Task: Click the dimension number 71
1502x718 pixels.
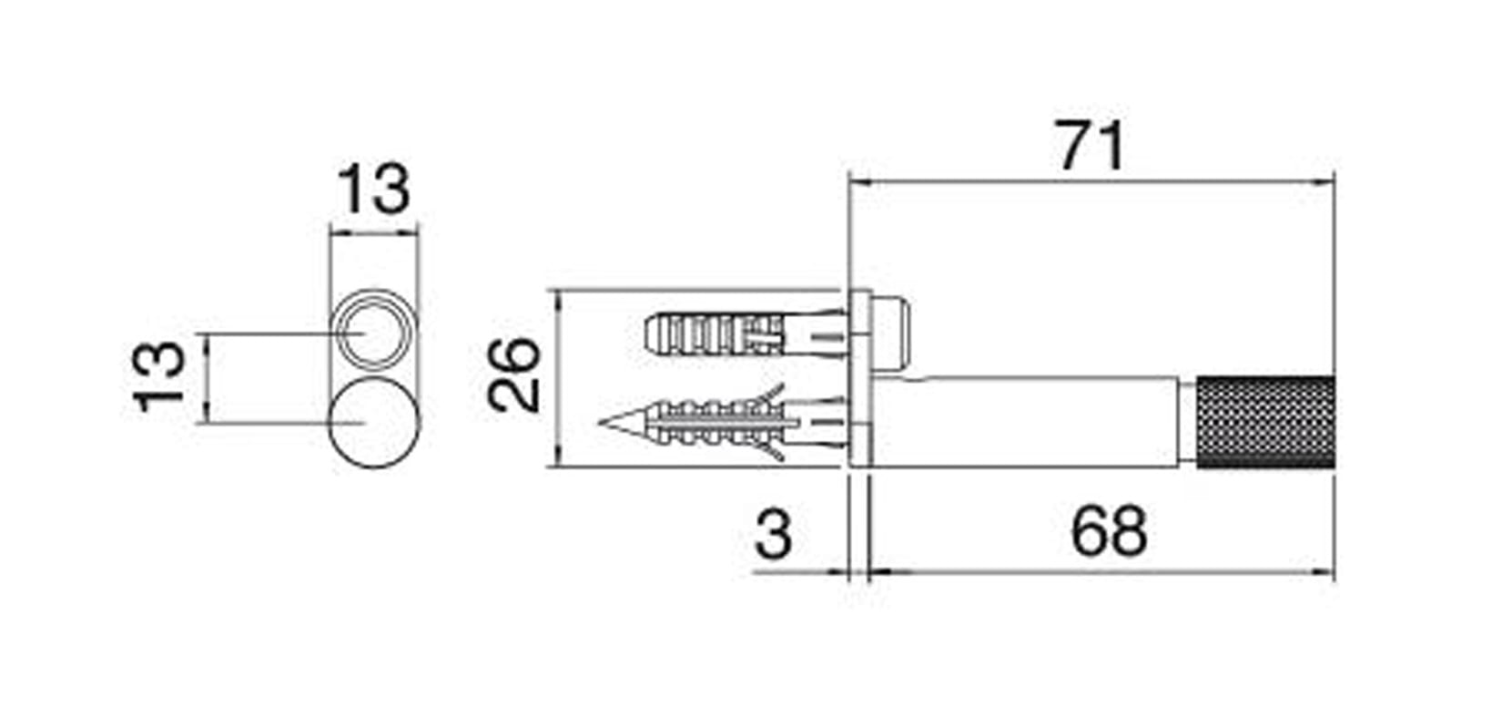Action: pos(1091,147)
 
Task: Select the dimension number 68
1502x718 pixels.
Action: pos(1109,531)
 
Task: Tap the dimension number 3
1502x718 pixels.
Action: pos(774,533)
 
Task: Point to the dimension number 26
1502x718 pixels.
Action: pos(514,375)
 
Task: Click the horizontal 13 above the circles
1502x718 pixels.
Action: pos(373,189)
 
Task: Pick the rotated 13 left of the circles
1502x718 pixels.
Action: pos(159,377)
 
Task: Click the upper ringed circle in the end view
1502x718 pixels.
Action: pos(373,330)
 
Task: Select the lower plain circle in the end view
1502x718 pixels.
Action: pos(373,423)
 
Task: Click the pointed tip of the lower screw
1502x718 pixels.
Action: pos(600,423)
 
